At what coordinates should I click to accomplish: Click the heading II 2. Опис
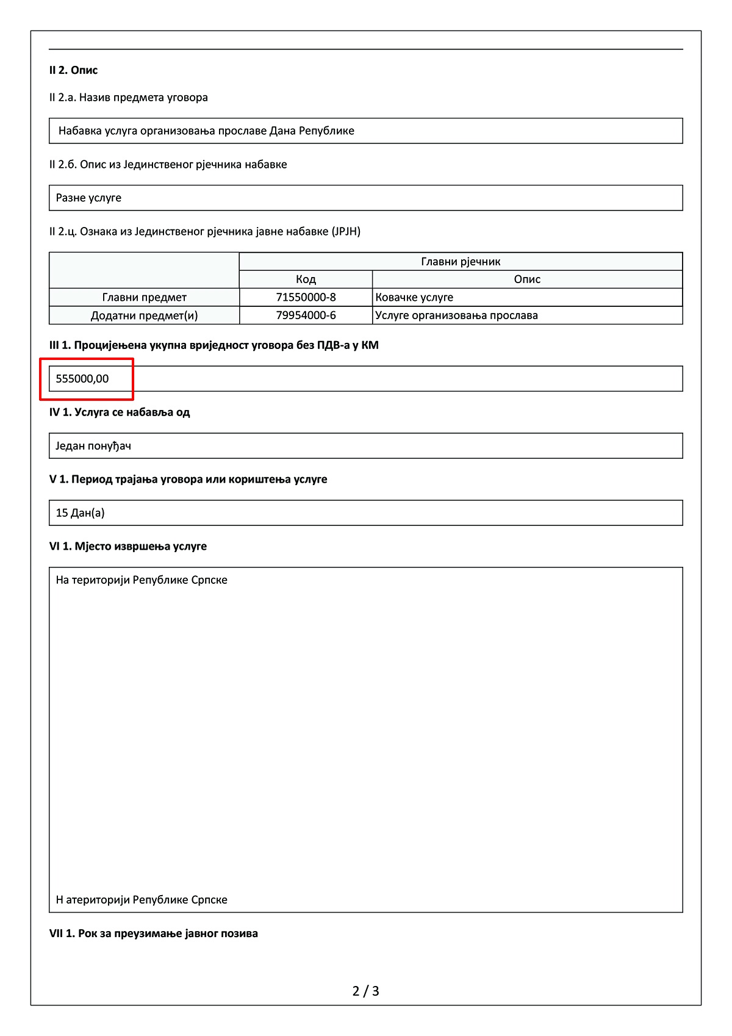[x=73, y=70]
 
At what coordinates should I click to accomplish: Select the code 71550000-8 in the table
[x=306, y=297]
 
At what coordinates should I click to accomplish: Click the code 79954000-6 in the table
[x=306, y=315]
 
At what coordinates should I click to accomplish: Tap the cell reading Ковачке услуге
[x=414, y=297]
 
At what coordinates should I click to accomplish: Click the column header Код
[x=306, y=279]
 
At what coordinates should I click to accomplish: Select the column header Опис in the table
[x=527, y=279]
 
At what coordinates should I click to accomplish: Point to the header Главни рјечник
[x=461, y=262]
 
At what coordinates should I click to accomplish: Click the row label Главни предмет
[x=144, y=297]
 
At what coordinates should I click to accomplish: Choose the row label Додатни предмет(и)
[x=144, y=315]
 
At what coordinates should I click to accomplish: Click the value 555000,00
[x=82, y=379]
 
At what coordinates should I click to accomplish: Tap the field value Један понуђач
[x=93, y=446]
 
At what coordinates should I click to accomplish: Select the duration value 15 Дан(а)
[x=80, y=513]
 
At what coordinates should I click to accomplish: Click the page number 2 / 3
[x=366, y=991]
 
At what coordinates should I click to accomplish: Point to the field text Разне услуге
[x=88, y=198]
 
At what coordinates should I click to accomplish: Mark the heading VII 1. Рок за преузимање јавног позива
[x=153, y=933]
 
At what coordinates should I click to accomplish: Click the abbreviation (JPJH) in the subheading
[x=346, y=231]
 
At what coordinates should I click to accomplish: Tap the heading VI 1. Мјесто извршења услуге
[x=127, y=546]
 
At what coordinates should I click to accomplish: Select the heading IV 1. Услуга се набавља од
[x=120, y=412]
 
